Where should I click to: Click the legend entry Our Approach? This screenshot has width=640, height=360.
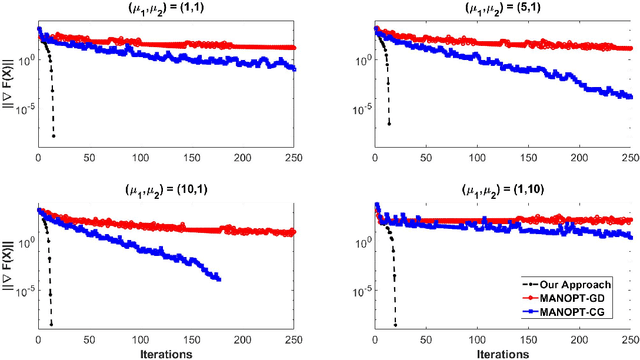click(x=591, y=285)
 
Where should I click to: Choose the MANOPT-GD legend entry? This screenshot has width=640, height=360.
click(x=591, y=299)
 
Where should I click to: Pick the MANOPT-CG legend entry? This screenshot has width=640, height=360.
click(x=591, y=313)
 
